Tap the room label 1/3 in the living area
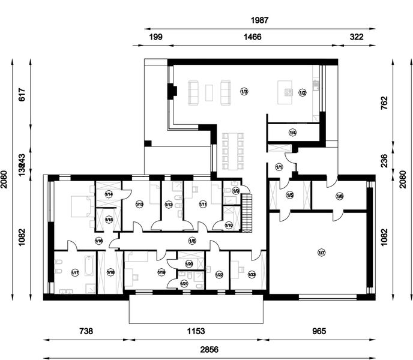[244, 92]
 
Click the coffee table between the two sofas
[209, 92]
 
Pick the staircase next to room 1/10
[246, 214]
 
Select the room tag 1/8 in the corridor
[192, 241]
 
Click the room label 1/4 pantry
[292, 132]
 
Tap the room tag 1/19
[161, 272]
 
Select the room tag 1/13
[139, 205]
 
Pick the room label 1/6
[339, 196]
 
